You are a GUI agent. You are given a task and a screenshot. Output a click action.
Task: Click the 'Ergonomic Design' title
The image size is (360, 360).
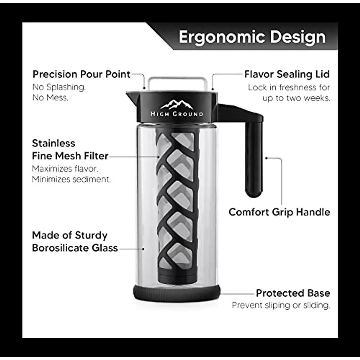[x=252, y=37]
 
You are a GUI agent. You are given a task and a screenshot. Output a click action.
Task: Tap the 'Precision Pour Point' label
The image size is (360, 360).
[x=81, y=74]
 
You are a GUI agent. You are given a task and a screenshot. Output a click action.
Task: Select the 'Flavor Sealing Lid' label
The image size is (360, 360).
[x=287, y=74]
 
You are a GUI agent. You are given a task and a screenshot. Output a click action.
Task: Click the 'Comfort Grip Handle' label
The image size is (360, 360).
[x=279, y=212]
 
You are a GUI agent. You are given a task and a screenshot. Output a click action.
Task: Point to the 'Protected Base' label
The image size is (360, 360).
[x=293, y=293]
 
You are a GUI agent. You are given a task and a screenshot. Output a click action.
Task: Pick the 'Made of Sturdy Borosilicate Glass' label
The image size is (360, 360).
[x=75, y=241]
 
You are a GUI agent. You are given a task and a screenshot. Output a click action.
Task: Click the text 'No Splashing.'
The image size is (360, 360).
[x=59, y=87]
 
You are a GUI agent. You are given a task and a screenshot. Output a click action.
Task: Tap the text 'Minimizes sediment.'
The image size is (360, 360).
[x=71, y=179]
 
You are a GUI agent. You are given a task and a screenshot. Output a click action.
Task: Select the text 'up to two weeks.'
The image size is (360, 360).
[x=296, y=98]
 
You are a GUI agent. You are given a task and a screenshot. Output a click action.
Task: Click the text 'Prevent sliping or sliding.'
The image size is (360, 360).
[x=281, y=305]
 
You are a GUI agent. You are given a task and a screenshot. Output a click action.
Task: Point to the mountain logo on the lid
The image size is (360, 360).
[x=177, y=104]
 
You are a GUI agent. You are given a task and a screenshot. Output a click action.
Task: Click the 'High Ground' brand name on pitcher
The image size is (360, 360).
[x=177, y=114]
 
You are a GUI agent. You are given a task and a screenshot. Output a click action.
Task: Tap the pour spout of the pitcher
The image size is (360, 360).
[x=131, y=96]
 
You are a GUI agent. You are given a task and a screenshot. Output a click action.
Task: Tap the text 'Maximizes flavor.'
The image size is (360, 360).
[x=65, y=169]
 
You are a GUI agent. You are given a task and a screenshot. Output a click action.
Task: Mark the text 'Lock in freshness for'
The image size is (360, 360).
[x=289, y=87]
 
